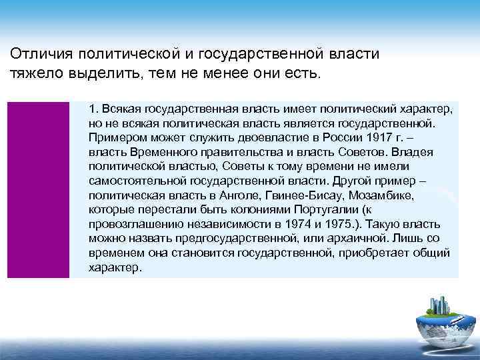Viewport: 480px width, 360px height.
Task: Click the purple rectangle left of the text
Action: [x=38, y=190]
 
